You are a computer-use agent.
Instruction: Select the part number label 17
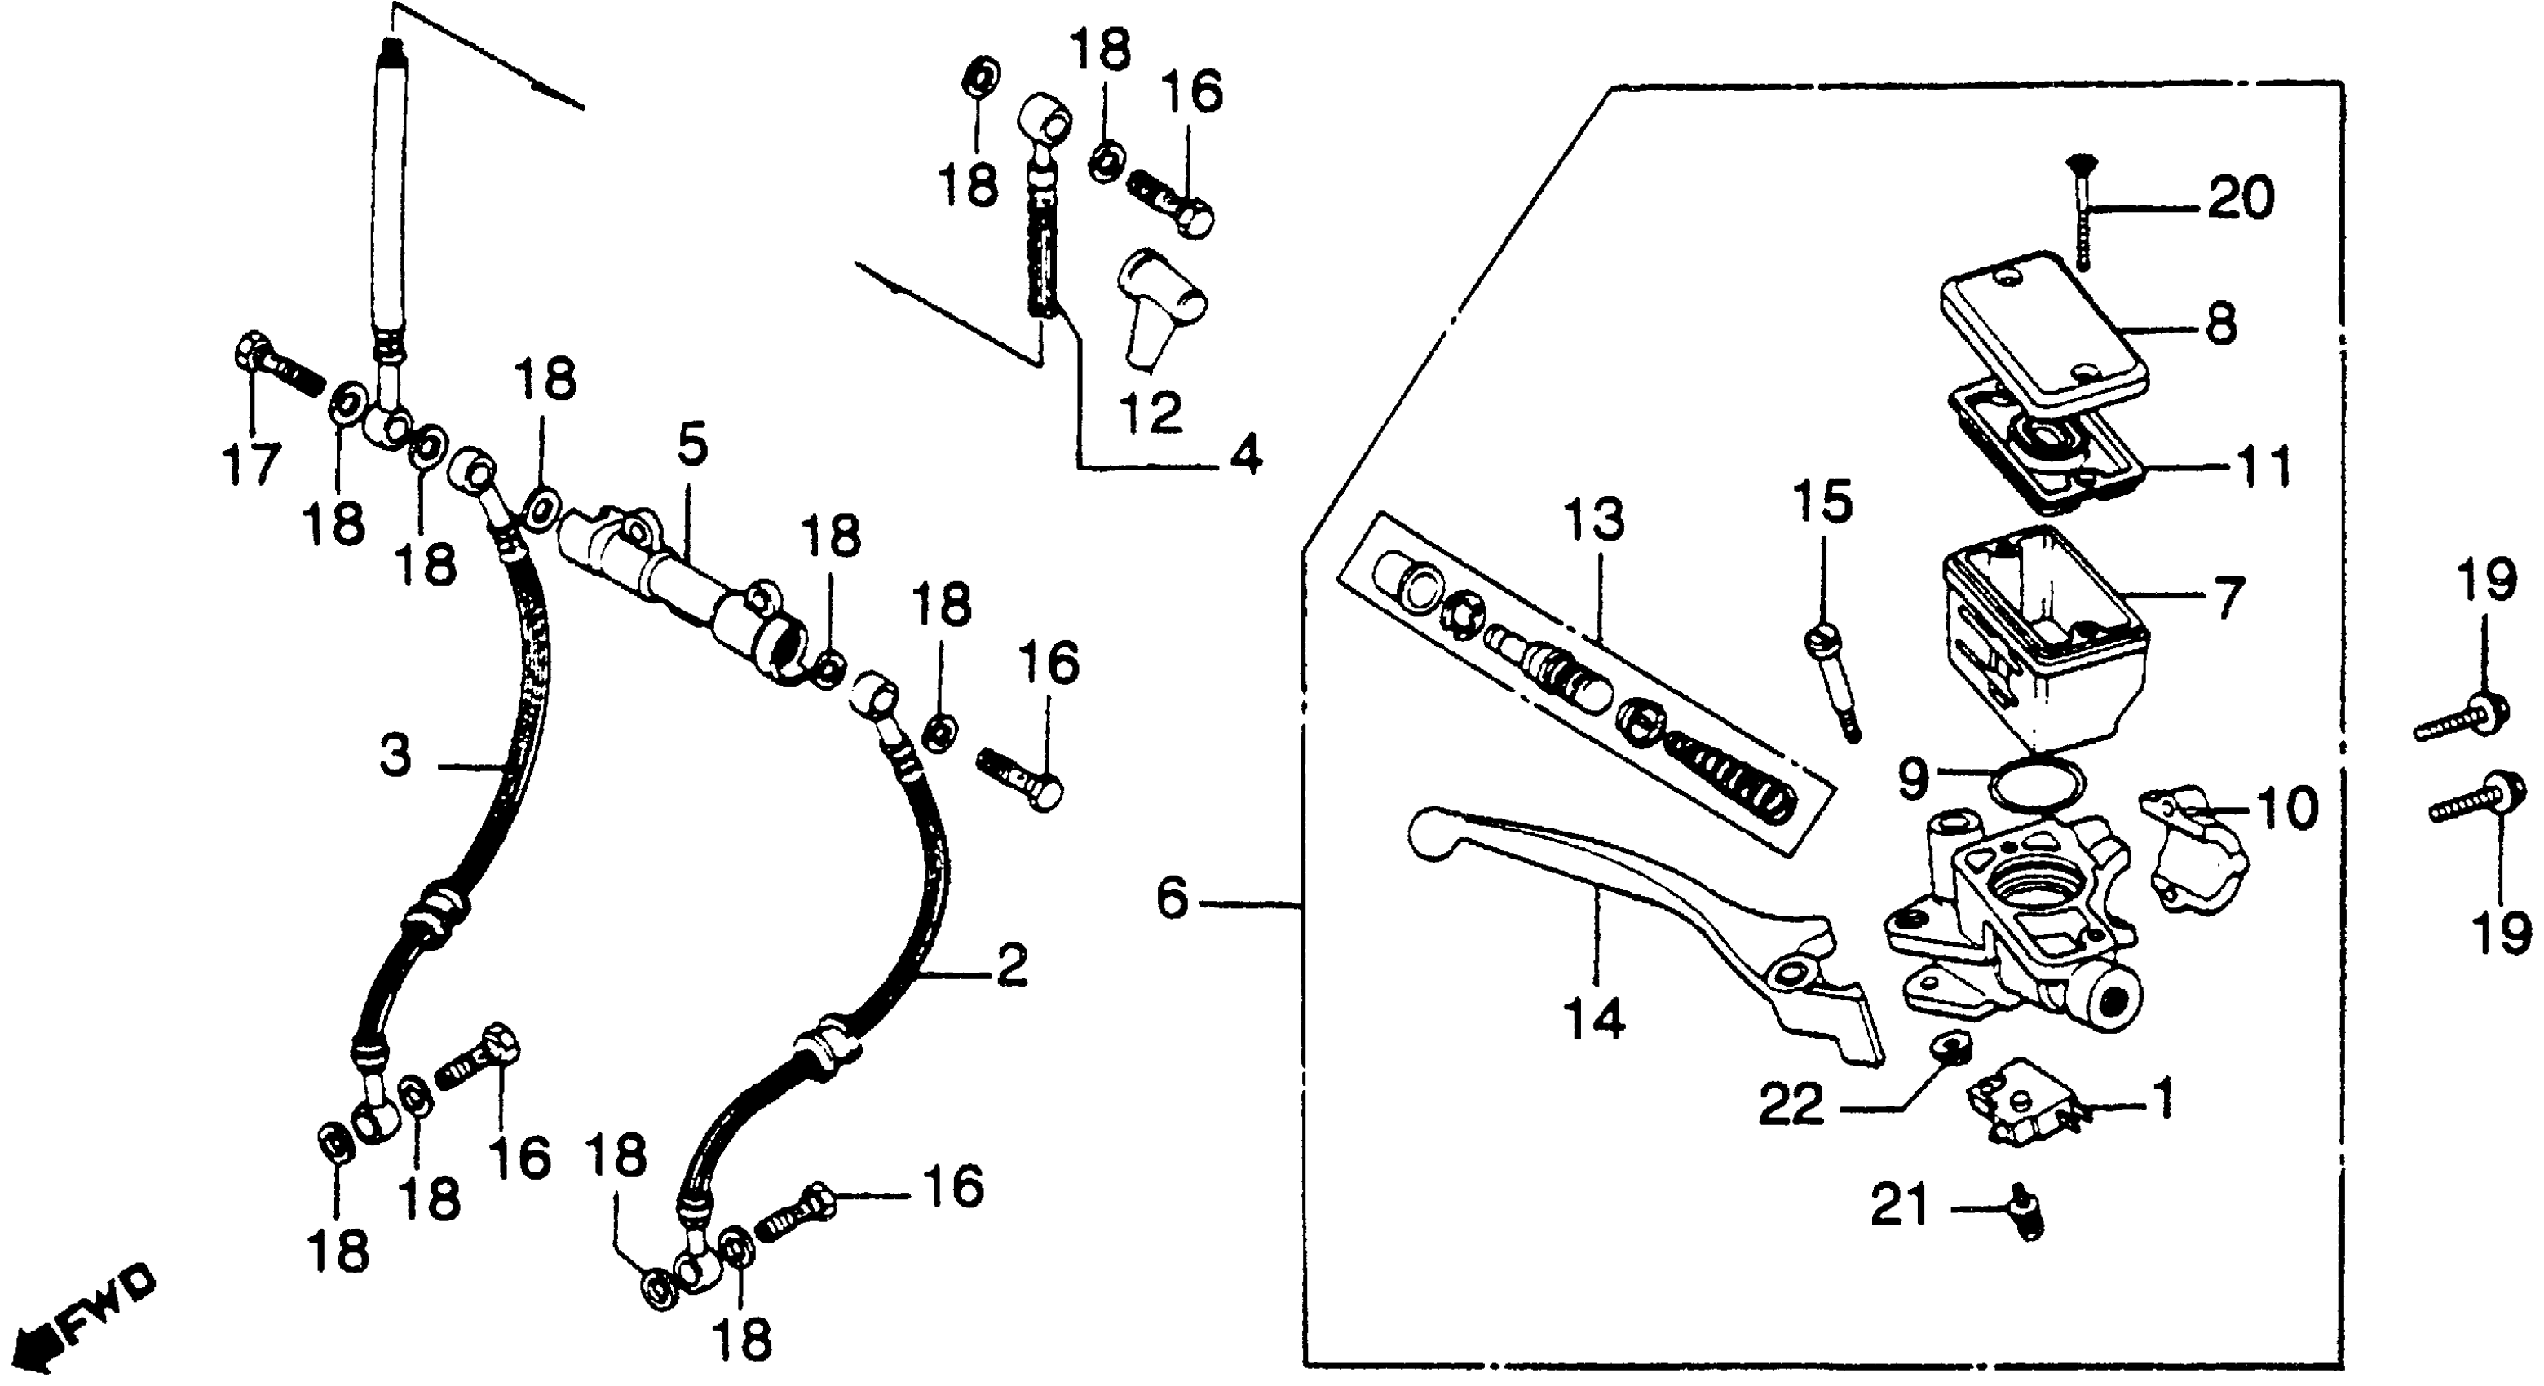[x=250, y=464]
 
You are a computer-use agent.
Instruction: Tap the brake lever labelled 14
[x=1640, y=918]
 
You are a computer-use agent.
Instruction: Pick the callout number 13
[x=1594, y=519]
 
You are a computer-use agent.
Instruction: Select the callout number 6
[x=1173, y=899]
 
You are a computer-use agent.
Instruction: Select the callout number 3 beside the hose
[x=395, y=757]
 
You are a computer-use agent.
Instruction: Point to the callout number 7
[x=2225, y=598]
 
